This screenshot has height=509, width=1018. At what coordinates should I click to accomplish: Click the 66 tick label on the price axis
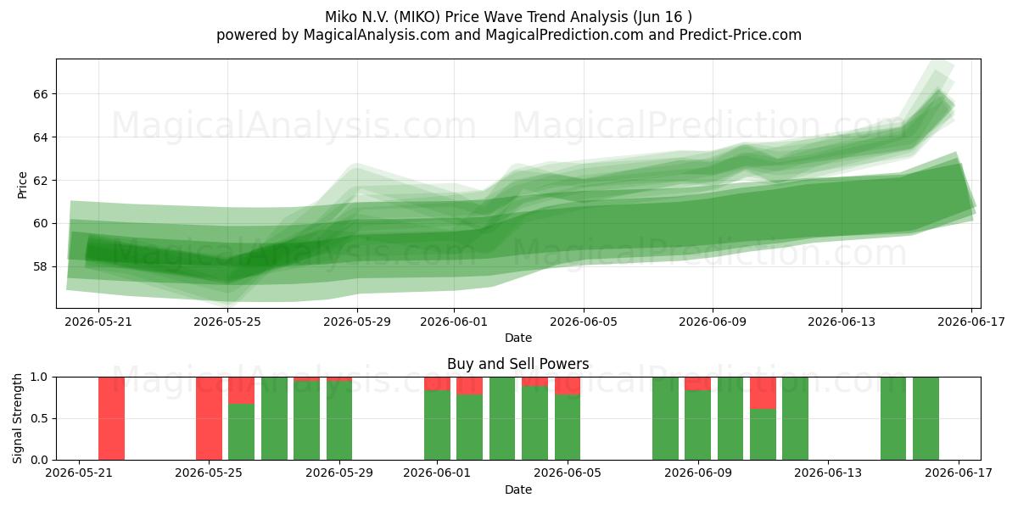click(40, 94)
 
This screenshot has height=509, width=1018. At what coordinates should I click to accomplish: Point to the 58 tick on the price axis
click(40, 266)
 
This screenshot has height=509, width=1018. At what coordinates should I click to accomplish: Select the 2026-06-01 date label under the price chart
click(454, 322)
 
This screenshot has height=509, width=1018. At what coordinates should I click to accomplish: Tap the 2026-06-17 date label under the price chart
click(971, 322)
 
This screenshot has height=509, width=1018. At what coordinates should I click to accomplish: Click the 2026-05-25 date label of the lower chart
click(209, 473)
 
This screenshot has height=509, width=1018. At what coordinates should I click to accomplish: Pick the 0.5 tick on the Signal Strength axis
click(39, 418)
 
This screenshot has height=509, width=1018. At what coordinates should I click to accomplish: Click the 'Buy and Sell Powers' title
click(518, 364)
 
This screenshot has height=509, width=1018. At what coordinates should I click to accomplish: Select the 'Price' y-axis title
click(22, 185)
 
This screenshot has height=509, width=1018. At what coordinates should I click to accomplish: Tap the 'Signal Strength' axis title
click(17, 418)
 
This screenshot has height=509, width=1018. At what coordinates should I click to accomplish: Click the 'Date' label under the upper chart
click(518, 338)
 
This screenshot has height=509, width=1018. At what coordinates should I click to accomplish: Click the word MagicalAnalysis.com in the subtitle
click(377, 35)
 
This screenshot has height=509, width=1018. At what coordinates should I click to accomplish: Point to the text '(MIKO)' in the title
click(417, 17)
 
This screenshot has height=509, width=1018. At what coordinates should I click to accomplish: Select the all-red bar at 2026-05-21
click(111, 418)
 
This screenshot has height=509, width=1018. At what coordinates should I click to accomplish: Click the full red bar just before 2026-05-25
click(209, 418)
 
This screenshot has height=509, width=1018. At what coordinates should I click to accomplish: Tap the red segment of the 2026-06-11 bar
click(763, 393)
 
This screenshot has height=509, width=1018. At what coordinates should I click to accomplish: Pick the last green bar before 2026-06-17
click(926, 418)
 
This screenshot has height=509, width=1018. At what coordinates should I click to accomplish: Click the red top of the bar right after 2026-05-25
click(241, 390)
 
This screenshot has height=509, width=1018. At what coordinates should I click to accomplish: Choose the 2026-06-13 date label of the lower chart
click(828, 473)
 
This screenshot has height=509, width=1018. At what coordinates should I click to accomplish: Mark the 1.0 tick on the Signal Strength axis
click(39, 377)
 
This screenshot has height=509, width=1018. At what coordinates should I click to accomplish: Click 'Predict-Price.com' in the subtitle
click(741, 35)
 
